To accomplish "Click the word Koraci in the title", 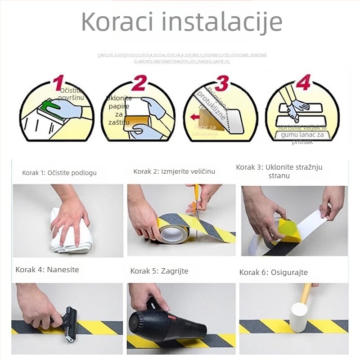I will (x=117, y=21).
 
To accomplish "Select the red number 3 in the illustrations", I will (x=221, y=83).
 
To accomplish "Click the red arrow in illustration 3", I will (x=195, y=117).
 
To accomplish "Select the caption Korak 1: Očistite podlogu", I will (x=59, y=172).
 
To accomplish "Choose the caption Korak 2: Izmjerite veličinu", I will (x=174, y=171).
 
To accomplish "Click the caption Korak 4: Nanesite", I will (x=47, y=270).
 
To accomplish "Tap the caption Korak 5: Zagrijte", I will (x=159, y=271).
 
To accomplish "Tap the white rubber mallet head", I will (x=298, y=317).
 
